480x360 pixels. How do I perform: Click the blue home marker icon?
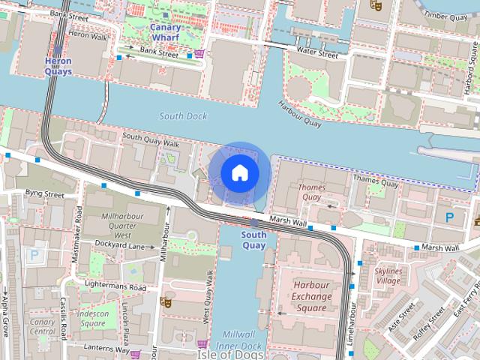(x=239, y=172)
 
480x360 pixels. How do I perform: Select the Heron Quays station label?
(x=58, y=66)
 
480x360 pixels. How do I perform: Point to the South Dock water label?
(x=182, y=116)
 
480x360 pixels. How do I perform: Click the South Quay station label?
(x=253, y=240)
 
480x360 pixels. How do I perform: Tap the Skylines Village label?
(x=388, y=275)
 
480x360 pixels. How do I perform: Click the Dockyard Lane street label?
(x=119, y=245)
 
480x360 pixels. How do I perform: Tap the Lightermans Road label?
(x=115, y=287)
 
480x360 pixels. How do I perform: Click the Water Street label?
(x=317, y=54)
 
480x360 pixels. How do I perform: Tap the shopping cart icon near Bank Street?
(x=199, y=53)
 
